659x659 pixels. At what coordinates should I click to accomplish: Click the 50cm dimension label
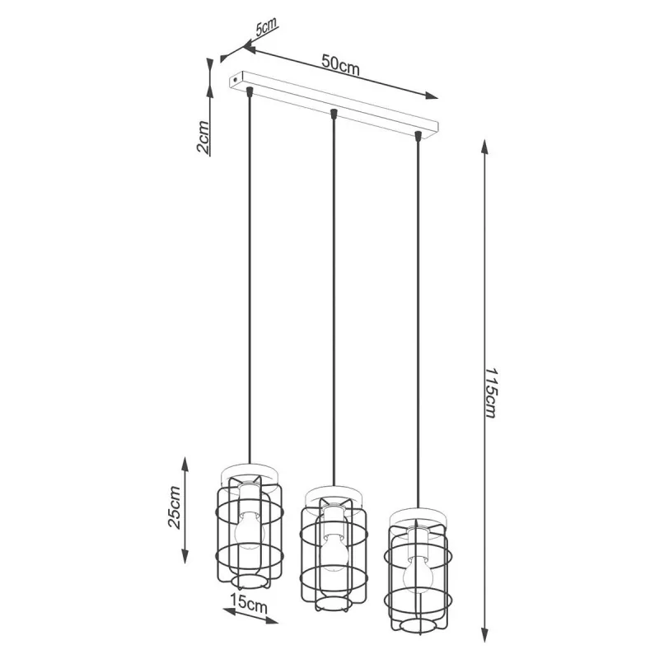(340, 65)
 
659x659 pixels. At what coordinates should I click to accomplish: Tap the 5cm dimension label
(266, 27)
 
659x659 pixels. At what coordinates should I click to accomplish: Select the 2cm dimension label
(203, 137)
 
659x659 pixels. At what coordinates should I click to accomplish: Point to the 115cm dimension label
(491, 393)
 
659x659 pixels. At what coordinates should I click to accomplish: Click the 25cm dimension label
(174, 507)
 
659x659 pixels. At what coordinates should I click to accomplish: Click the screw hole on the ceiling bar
(235, 78)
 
